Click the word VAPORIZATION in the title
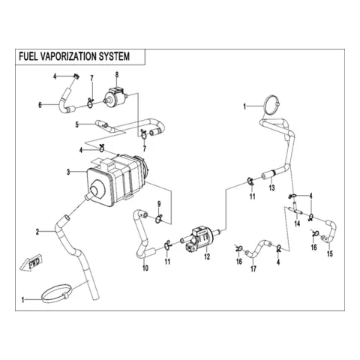coord(68,56)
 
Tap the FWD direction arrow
coord(31,264)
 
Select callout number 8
coord(116,75)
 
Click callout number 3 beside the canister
coord(68,172)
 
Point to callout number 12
coord(207,256)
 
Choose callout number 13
coord(271,187)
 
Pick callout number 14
coord(297,223)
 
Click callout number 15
coord(330,253)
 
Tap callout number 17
coord(253,269)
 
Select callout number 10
coord(145,268)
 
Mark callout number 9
coord(159,204)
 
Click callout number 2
coord(37,232)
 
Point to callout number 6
coord(40,105)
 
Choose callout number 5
coord(77,124)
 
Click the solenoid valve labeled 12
coord(199,239)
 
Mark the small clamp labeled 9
coord(159,219)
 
